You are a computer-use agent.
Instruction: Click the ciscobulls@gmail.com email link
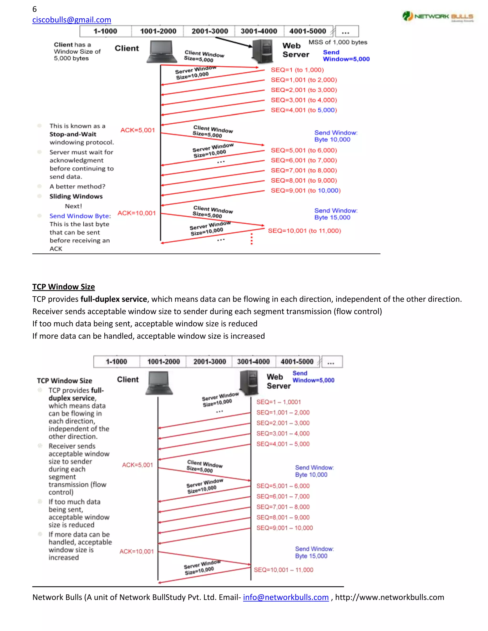[71, 20]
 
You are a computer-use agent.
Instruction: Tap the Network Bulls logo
[438, 16]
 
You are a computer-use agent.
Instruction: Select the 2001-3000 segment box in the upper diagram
[210, 31]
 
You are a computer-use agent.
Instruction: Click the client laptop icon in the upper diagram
[162, 52]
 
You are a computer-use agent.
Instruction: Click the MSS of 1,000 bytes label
[338, 42]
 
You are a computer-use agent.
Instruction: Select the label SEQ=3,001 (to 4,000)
[304, 100]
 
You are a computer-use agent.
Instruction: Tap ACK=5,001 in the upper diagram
[138, 130]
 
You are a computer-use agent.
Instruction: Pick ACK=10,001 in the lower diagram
[137, 551]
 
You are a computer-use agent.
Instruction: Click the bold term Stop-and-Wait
[73, 134]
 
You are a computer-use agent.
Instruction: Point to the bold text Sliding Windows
[76, 196]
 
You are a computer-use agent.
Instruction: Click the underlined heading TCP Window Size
[64, 287]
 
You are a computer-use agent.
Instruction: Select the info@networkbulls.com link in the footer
[286, 597]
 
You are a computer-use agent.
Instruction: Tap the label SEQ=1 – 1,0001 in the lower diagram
[278, 402]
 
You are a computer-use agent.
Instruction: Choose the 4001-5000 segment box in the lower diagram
[297, 362]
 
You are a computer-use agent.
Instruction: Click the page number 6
[34, 9]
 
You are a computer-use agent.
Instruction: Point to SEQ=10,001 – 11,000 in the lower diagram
[283, 570]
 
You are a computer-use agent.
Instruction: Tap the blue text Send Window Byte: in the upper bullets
[80, 216]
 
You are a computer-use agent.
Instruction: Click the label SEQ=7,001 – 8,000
[283, 507]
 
